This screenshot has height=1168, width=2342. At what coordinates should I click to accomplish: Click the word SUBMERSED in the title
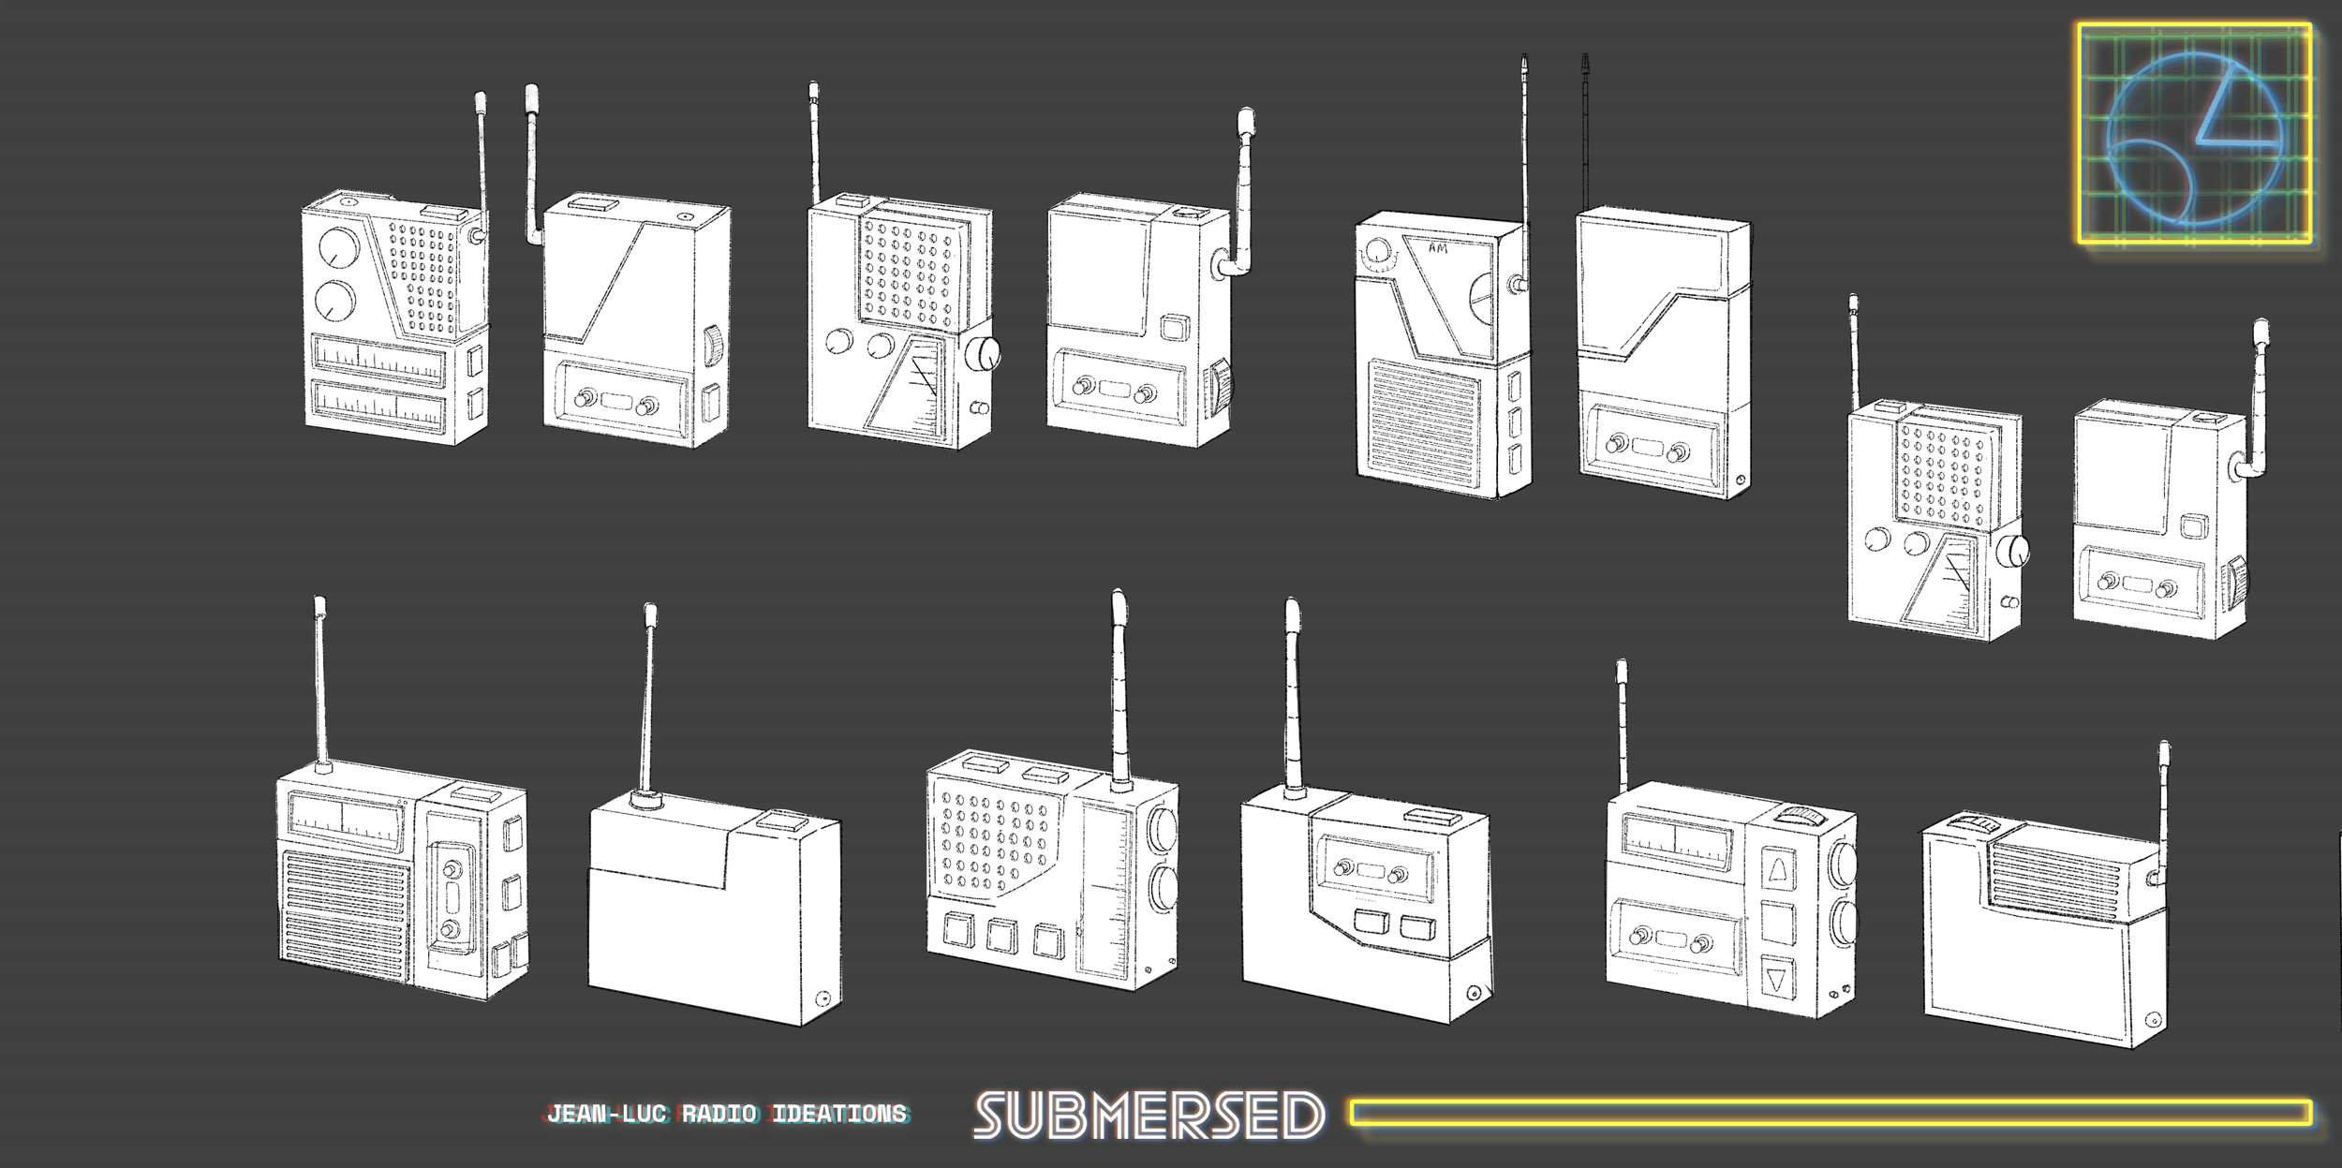pyautogui.click(x=1149, y=1115)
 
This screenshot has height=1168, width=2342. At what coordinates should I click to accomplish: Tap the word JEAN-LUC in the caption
pyautogui.click(x=608, y=1114)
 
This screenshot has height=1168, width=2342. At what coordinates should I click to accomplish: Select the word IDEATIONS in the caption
pyautogui.click(x=839, y=1114)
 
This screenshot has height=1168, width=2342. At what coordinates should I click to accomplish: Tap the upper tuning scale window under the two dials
pyautogui.click(x=378, y=360)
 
